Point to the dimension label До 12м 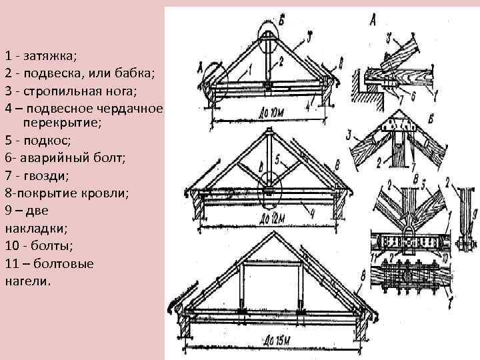274,218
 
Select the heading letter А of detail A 371,21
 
